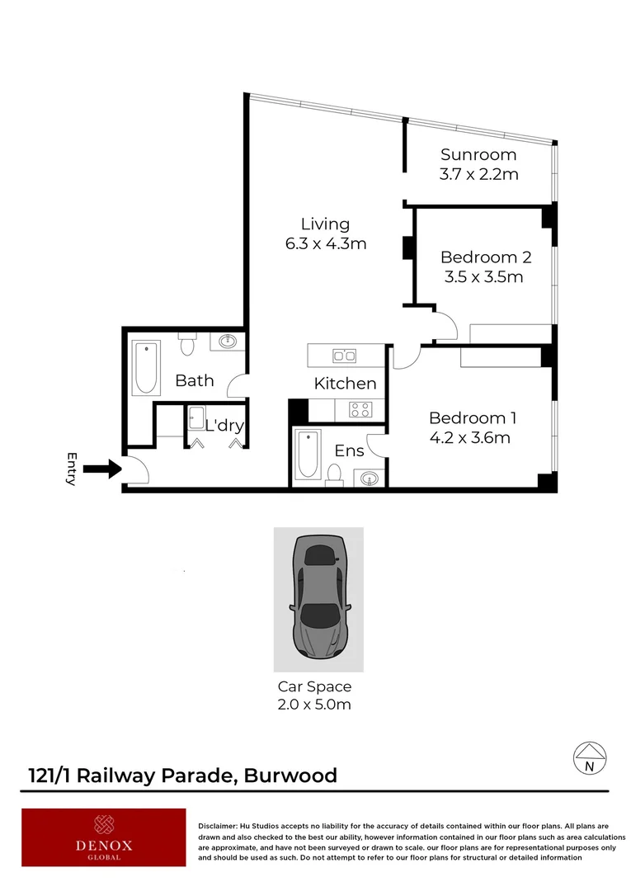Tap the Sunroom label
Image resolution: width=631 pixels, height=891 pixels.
478,154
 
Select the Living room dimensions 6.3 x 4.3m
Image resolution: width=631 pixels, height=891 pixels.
325,243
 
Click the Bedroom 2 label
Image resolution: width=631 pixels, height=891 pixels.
485,257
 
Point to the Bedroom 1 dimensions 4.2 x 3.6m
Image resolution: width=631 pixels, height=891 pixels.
469,437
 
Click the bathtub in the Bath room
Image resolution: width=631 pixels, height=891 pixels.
148,368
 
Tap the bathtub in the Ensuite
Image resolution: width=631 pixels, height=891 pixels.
308,454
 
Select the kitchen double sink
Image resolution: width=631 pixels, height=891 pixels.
344,356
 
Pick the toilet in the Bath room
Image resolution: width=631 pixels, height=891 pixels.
187,344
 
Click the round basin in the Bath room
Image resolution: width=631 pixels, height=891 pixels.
227,342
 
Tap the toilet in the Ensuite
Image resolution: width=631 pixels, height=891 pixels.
334,474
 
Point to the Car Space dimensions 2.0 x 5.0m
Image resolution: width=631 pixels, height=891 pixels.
313,705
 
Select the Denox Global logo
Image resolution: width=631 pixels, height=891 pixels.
104,837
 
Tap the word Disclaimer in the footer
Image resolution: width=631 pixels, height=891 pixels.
218,826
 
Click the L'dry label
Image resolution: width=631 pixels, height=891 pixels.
224,426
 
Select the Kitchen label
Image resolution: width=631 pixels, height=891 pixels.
345,383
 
